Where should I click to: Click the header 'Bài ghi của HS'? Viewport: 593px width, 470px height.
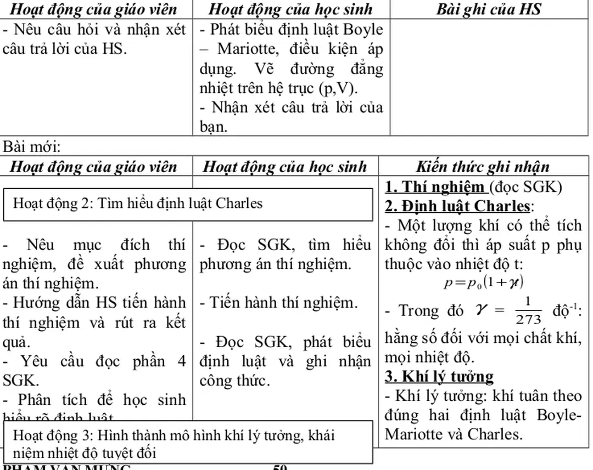[x=489, y=9]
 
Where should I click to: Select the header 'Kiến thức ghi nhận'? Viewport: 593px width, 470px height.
[x=483, y=167]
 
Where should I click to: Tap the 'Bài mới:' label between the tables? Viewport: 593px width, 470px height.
[x=32, y=147]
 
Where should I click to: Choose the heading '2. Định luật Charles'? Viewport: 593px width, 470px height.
[x=458, y=206]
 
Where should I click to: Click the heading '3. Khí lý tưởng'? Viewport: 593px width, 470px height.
[x=439, y=377]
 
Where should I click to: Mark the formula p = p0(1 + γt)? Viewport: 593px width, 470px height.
[x=483, y=283]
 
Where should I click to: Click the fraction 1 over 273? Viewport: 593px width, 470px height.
[x=528, y=311]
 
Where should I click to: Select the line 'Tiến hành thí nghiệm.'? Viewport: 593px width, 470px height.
[x=278, y=302]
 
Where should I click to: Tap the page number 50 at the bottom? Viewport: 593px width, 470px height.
[x=280, y=467]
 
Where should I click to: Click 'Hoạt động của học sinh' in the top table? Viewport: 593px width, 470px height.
[x=290, y=9]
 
